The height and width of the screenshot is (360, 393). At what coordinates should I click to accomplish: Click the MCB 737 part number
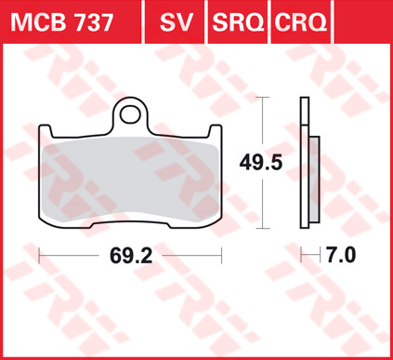61,22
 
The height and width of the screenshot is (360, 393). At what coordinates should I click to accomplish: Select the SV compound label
177,22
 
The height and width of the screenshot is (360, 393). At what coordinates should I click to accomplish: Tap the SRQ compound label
238,22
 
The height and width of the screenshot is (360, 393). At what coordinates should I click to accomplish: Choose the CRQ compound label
301,22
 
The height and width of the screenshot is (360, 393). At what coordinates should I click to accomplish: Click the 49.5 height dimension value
261,163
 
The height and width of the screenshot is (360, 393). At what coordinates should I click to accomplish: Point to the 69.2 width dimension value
131,256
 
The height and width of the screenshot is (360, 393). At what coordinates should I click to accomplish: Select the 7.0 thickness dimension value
341,256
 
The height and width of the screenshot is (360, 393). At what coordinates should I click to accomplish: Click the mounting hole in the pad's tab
130,114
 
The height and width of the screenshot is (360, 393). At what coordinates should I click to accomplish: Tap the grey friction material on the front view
130,180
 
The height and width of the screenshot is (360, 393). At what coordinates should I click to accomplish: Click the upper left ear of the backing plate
46,130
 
